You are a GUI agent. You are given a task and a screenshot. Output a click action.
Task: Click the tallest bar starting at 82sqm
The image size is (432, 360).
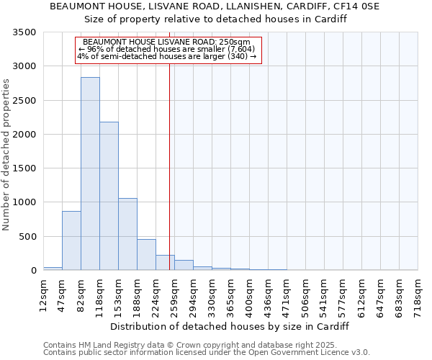pyautogui.click(x=90, y=174)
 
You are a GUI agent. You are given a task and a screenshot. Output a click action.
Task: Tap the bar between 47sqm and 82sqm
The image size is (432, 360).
pyautogui.click(x=71, y=240)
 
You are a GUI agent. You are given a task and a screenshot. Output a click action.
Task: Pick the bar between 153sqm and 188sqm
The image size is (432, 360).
pyautogui.click(x=127, y=234)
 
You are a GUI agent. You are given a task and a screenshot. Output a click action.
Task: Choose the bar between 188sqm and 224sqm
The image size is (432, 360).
pyautogui.click(x=146, y=255)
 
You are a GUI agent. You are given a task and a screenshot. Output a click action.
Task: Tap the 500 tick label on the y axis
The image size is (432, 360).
pyautogui.click(x=28, y=237)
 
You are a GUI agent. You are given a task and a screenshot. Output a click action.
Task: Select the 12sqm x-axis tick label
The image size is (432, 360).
pyautogui.click(x=43, y=293)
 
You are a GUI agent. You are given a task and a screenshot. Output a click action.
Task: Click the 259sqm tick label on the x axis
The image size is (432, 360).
pyautogui.click(x=174, y=293)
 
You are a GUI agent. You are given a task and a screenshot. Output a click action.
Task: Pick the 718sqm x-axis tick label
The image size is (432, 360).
pyautogui.click(x=418, y=293)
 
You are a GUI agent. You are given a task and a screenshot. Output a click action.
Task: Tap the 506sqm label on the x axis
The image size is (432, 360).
pyautogui.click(x=305, y=293)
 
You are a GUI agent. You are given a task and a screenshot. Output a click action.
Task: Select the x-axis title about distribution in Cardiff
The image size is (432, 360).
pyautogui.click(x=230, y=326)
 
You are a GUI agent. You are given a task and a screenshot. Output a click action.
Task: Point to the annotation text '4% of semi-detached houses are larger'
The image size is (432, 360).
pyautogui.click(x=167, y=56)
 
